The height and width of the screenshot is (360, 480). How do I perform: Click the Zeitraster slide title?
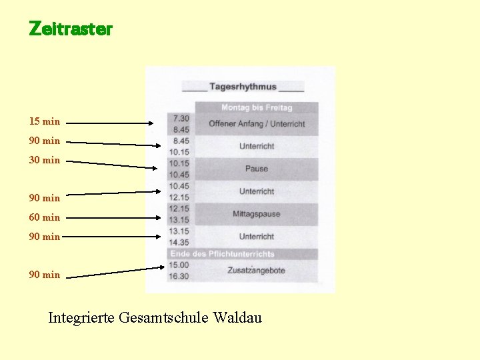coord(71,29)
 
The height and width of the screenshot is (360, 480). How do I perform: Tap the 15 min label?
coord(44,121)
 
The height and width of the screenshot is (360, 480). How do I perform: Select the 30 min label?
coord(44,160)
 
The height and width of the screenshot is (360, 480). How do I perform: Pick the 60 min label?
coord(44,217)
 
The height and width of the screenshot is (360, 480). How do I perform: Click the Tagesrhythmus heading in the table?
coord(243,87)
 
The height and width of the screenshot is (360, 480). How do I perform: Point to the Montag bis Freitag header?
coord(257,107)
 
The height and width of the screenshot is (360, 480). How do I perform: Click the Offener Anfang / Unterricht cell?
coord(257,124)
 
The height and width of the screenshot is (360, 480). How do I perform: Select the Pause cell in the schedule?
coord(257,169)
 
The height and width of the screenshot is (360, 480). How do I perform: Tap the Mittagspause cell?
coord(257,214)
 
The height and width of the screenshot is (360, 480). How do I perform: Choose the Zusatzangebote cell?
coord(257,270)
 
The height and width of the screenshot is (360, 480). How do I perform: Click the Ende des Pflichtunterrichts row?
coord(222,254)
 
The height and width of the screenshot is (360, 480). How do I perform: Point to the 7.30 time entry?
coord(180,118)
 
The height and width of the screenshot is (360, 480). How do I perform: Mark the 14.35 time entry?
coord(179,243)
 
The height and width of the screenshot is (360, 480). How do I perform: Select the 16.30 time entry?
coord(179,276)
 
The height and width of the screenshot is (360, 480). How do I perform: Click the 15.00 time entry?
coord(179,265)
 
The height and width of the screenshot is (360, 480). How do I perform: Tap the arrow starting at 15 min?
coord(110,123)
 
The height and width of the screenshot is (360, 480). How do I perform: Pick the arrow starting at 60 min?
coord(113,217)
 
